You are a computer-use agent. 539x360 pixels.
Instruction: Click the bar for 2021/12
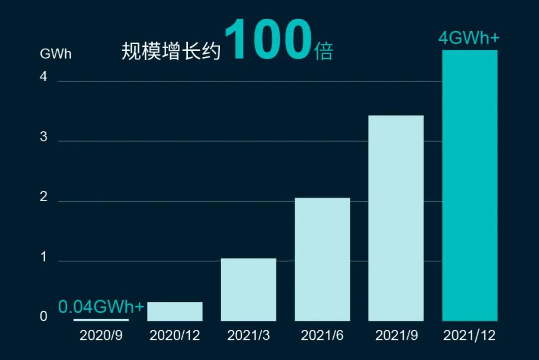pos(470,185)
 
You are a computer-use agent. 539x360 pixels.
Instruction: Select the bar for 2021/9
pos(396,218)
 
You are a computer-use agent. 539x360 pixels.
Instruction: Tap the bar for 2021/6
pos(322,259)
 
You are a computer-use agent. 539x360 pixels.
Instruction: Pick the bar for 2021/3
pos(248,289)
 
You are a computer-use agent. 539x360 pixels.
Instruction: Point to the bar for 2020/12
pos(175,311)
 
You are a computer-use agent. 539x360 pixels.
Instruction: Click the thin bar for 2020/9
pos(101,320)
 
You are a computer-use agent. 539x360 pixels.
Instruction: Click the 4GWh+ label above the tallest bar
pos(468,39)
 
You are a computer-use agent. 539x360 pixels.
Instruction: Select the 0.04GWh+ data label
pos(101,307)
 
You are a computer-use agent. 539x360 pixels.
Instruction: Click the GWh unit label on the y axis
pos(56,54)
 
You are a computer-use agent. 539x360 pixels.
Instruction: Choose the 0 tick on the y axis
pos(43,317)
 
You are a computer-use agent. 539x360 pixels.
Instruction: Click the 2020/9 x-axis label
pos(101,336)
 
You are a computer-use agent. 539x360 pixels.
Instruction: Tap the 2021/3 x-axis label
pos(248,336)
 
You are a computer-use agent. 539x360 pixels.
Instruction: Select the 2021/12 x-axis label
pos(470,336)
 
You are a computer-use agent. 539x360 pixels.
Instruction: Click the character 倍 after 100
pos(323,52)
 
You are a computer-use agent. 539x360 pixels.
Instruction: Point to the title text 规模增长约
pos(171,52)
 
